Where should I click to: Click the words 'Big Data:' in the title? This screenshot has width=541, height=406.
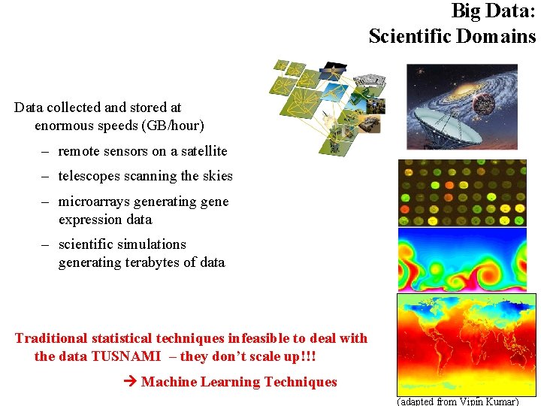click(493, 11)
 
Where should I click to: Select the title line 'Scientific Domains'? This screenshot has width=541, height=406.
click(452, 36)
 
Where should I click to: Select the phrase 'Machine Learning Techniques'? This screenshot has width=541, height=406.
click(239, 382)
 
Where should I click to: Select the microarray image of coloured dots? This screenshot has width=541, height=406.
click(462, 192)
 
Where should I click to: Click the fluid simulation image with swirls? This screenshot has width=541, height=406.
click(462, 260)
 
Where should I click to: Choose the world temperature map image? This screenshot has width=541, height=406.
click(466, 343)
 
